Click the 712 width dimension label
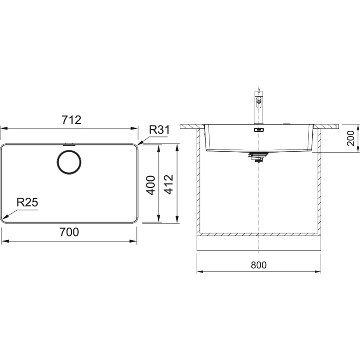(71, 120)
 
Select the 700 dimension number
(69, 232)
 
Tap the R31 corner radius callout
(159, 130)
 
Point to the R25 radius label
(27, 202)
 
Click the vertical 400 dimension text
(151, 185)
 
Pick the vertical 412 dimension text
(169, 185)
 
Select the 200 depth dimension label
(351, 138)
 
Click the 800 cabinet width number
(259, 265)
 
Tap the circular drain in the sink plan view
(69, 162)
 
